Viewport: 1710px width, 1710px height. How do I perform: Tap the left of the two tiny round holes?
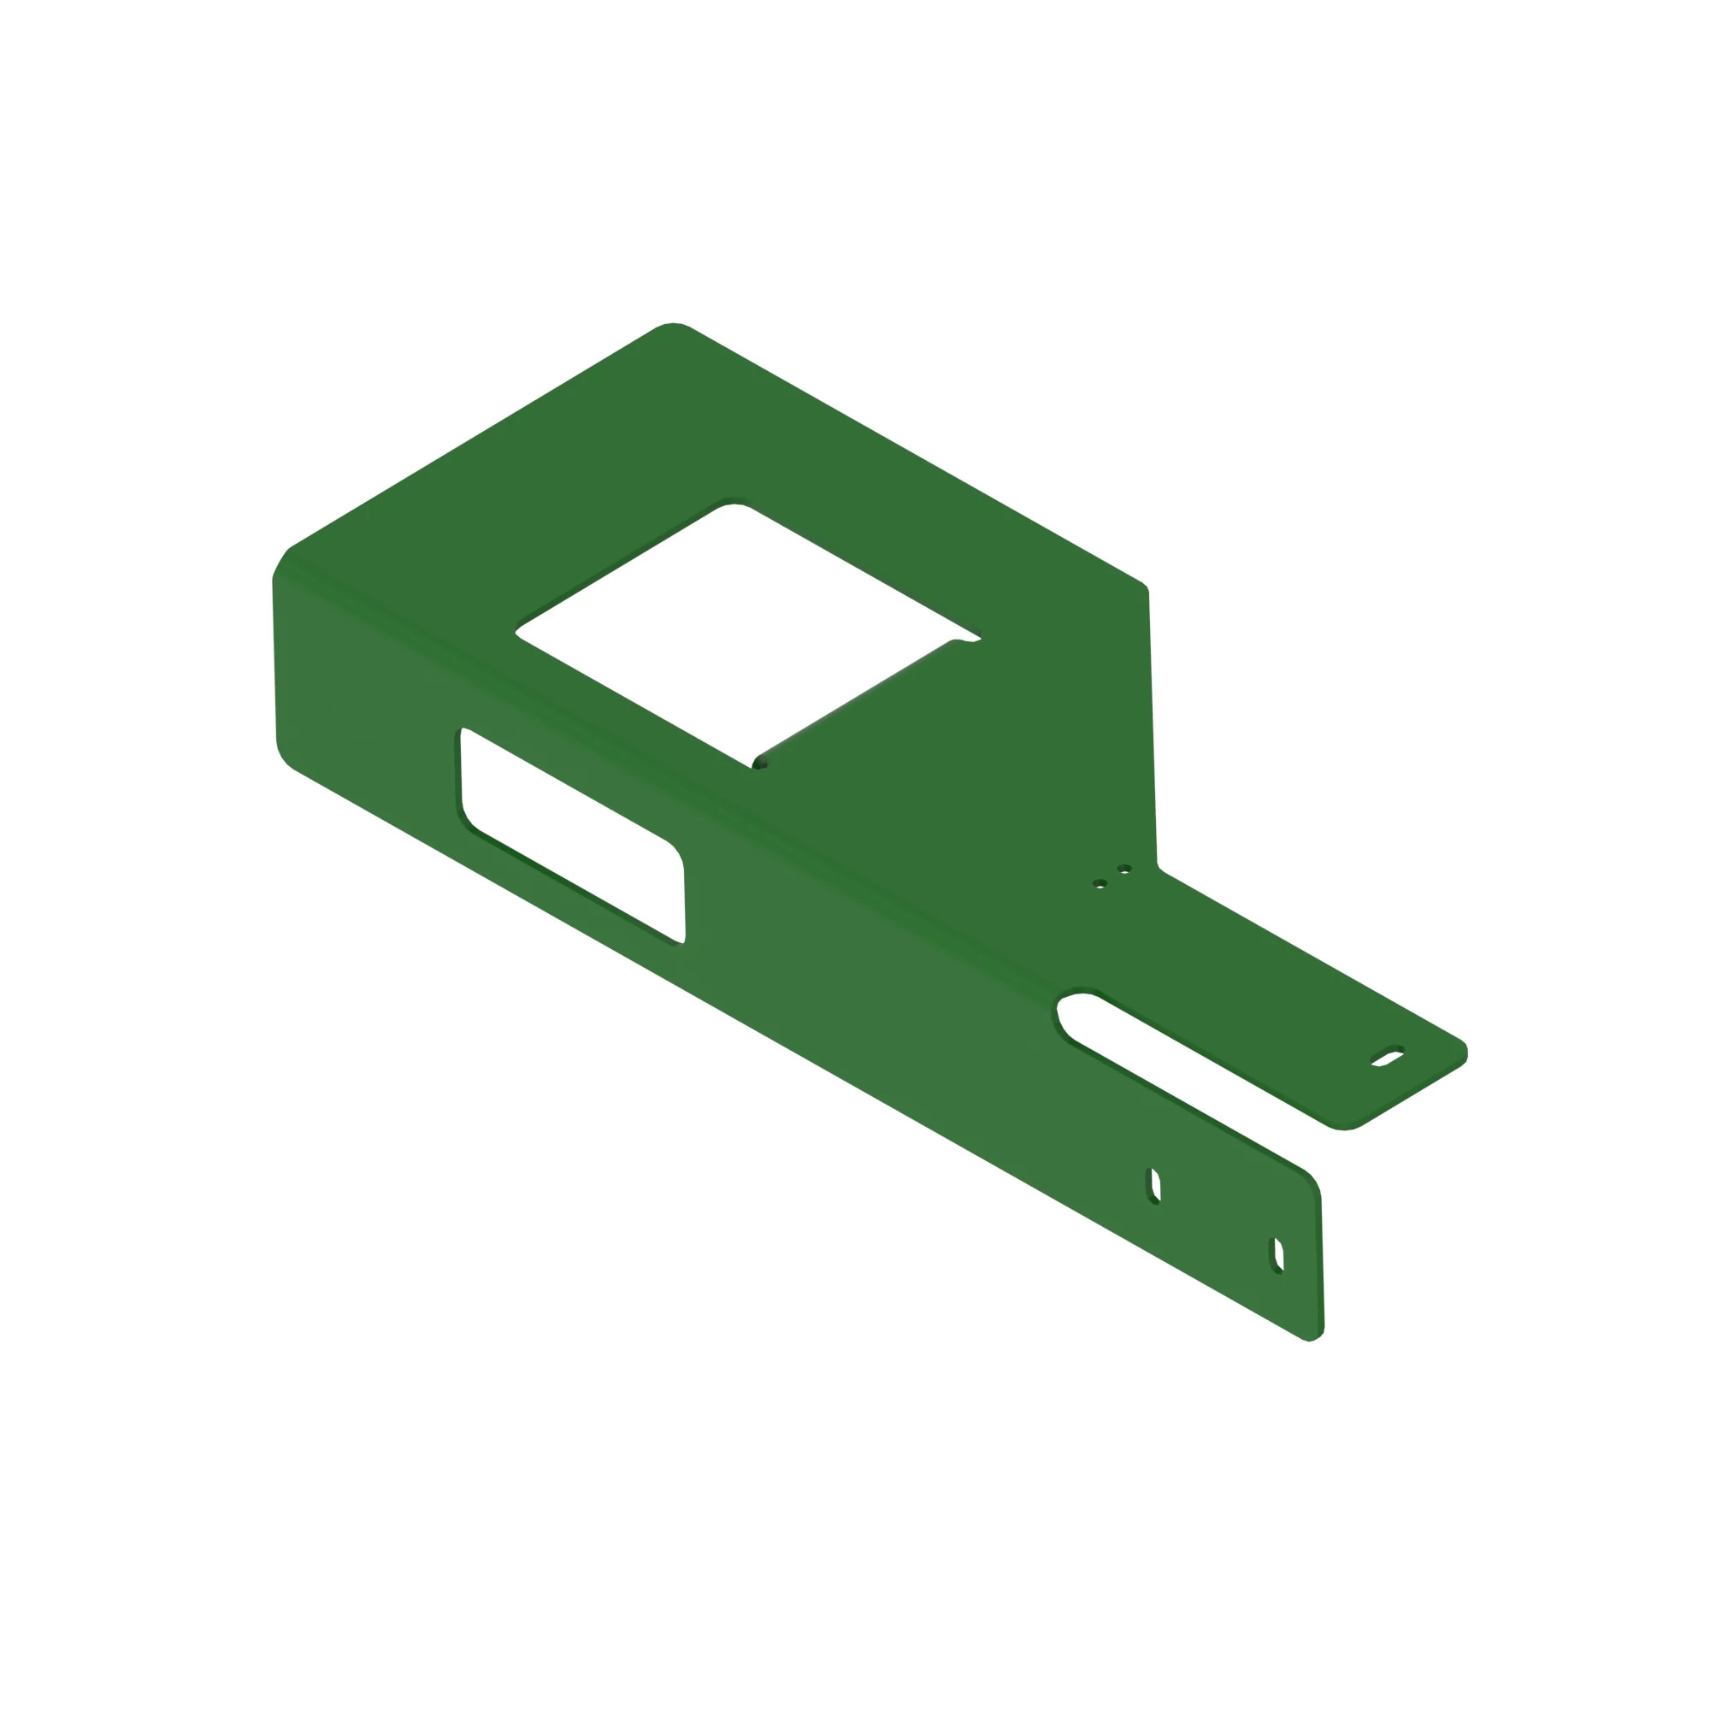click(x=1100, y=883)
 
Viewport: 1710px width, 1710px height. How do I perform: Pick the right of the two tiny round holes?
click(x=1124, y=870)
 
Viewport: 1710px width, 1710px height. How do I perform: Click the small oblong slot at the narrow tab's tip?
click(x=1387, y=1057)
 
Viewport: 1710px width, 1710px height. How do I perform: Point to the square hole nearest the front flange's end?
click(x=1278, y=1255)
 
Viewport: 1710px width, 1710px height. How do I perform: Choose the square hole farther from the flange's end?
click(x=1154, y=1186)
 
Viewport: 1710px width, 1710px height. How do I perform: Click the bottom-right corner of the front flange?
click(x=1313, y=1335)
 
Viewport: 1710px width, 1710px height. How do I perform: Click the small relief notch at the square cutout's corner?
click(x=759, y=764)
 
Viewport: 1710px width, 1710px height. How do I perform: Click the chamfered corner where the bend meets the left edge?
click(x=280, y=563)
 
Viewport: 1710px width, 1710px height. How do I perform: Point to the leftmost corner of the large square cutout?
click(x=518, y=632)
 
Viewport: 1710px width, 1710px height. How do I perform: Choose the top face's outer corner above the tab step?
click(x=1143, y=587)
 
